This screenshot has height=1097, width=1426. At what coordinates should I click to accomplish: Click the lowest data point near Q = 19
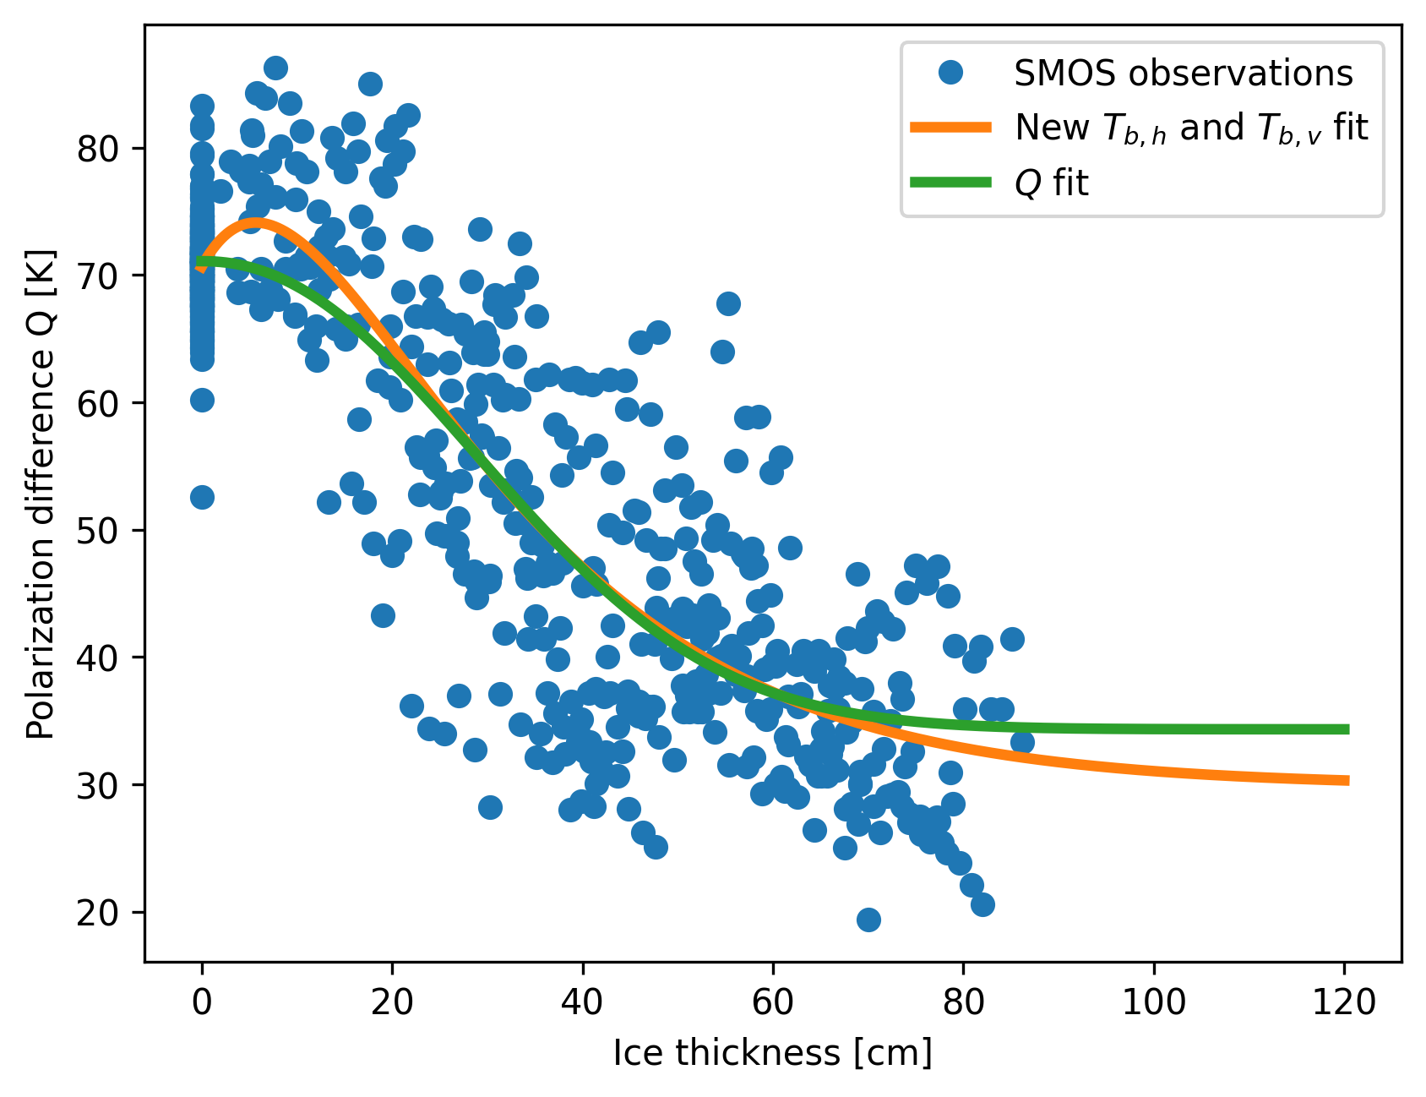tap(868, 920)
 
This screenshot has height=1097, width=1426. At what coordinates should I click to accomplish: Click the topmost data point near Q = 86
tap(275, 68)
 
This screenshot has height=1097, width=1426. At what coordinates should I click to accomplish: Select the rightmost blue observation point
tap(1022, 742)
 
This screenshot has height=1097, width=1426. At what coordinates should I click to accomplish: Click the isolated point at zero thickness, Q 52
tap(202, 497)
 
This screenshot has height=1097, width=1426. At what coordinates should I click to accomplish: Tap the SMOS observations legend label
tap(1183, 74)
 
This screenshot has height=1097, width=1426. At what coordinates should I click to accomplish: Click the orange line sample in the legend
tap(950, 128)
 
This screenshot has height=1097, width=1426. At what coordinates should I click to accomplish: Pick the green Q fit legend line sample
tap(950, 183)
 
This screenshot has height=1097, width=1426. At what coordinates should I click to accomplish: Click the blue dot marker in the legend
tap(950, 74)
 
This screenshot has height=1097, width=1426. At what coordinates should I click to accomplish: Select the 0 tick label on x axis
tap(202, 1002)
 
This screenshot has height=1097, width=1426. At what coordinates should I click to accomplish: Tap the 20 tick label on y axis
tap(99, 913)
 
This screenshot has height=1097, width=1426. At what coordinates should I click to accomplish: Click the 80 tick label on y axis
tap(99, 150)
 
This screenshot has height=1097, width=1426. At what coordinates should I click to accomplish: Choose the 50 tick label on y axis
tap(99, 532)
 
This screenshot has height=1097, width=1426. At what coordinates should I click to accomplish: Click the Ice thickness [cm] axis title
tap(772, 1054)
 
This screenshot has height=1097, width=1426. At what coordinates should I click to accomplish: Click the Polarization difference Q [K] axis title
tap(41, 494)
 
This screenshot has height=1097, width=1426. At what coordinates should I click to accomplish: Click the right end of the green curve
tap(1347, 729)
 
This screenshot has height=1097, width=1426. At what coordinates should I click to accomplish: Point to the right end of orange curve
tap(1347, 780)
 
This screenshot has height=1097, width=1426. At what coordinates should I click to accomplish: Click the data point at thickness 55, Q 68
tap(728, 303)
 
